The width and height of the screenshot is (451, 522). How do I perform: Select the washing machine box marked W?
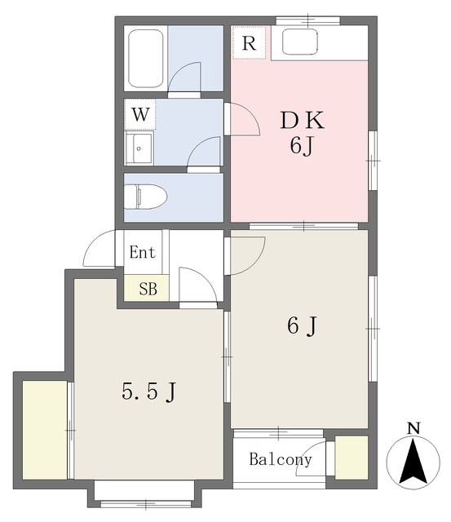click(140, 115)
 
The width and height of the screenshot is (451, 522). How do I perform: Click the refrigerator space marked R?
click(249, 43)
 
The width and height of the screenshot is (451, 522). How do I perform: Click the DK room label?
click(303, 122)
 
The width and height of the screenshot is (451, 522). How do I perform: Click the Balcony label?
click(280, 459)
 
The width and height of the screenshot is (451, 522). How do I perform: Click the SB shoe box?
click(147, 288)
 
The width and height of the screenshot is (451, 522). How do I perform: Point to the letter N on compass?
click(413, 427)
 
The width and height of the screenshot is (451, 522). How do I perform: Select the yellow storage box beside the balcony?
click(352, 458)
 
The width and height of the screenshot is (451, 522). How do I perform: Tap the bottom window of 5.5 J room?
click(145, 491)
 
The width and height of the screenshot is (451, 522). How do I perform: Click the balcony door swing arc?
click(313, 457)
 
